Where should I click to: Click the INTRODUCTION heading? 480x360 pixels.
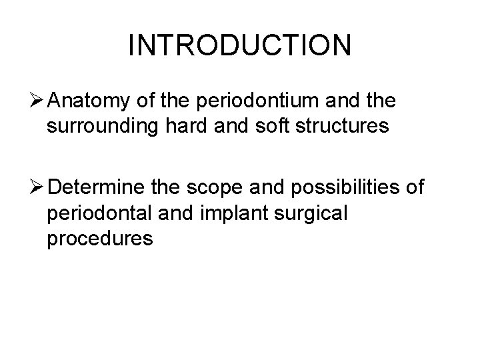point(239,45)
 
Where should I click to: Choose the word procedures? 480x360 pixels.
point(100,238)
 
